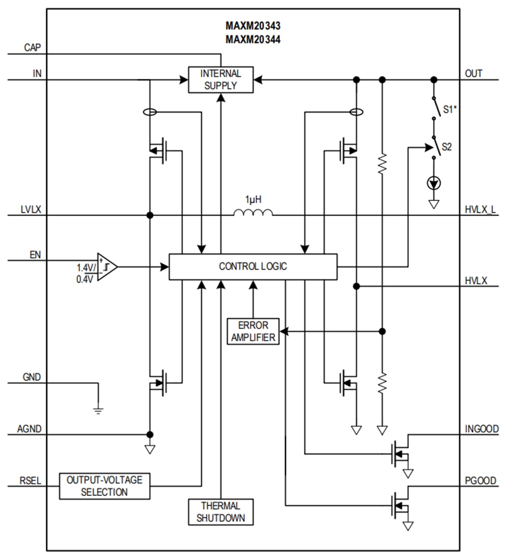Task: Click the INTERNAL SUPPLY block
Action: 220,80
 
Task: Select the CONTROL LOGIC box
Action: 252,266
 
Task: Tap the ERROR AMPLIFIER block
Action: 253,331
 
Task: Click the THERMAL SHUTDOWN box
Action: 220,512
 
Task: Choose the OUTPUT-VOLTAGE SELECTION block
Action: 105,486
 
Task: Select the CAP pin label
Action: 33,48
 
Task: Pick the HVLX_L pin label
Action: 481,210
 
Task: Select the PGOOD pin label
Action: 481,480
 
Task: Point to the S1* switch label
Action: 449,109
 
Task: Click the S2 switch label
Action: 447,147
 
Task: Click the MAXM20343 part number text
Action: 253,26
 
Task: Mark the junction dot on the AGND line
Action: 150,434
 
